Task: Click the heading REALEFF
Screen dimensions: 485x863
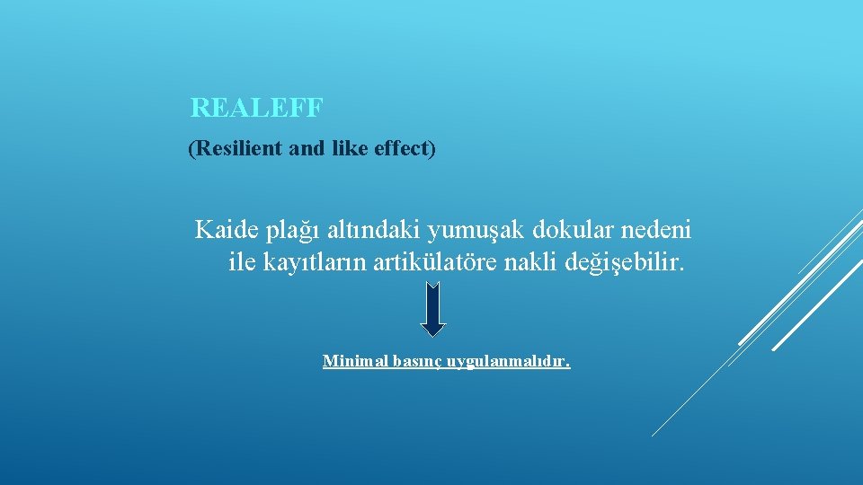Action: [256, 109]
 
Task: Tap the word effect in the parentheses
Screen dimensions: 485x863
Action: [400, 148]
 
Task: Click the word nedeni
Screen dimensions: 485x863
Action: [654, 231]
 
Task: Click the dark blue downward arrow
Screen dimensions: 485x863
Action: [433, 309]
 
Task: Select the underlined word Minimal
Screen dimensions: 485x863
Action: [354, 362]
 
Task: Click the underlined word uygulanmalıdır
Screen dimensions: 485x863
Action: [511, 363]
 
